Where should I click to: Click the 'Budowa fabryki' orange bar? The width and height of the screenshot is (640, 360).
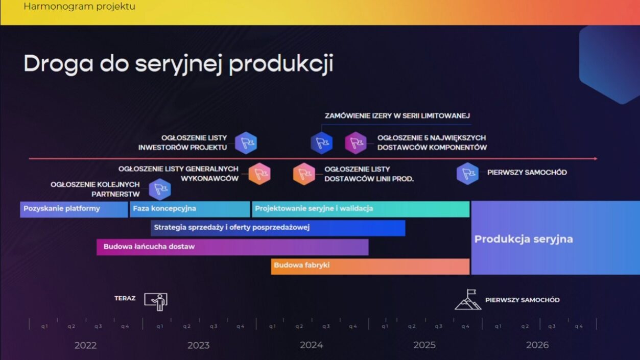(x=370, y=267)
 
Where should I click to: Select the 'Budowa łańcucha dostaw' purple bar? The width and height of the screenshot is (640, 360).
(x=232, y=247)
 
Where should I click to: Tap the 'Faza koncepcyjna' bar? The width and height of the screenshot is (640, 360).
(x=190, y=209)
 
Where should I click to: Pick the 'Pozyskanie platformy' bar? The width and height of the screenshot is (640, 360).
(x=74, y=209)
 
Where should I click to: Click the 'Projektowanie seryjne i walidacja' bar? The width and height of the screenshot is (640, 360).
(x=361, y=209)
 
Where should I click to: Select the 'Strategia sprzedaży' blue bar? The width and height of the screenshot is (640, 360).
(x=278, y=228)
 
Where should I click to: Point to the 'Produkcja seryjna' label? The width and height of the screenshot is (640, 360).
(x=524, y=239)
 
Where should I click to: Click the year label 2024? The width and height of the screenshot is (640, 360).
(x=312, y=345)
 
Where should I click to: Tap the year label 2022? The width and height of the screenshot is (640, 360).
(x=85, y=345)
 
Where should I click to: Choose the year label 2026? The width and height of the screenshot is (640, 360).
(x=537, y=345)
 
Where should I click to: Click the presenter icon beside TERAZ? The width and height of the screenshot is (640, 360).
(x=156, y=302)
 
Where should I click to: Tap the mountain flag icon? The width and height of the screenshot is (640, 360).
(x=468, y=299)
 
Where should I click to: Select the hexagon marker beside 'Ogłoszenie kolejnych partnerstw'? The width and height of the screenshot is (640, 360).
(x=160, y=189)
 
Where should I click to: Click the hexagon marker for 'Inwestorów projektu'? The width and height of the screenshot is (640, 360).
(x=246, y=143)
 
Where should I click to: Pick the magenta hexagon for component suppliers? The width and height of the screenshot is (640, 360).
(x=355, y=143)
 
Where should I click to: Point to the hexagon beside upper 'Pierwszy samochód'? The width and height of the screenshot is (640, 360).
(x=467, y=174)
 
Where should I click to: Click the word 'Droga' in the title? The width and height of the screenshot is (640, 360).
(x=59, y=64)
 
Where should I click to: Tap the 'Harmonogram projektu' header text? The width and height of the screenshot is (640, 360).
(x=80, y=6)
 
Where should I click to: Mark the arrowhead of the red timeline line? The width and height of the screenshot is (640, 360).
(x=596, y=159)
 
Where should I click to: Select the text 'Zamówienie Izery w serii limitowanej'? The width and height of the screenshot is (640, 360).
(x=397, y=116)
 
